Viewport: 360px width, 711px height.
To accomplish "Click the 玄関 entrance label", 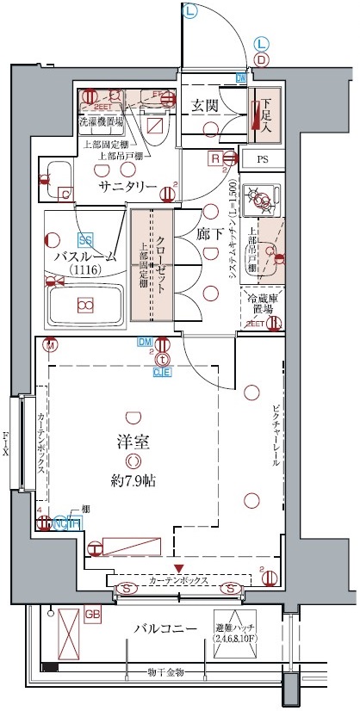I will click(203, 105).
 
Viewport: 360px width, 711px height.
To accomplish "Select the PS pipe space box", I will click(262, 159).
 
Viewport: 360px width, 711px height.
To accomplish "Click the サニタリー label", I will click(127, 187).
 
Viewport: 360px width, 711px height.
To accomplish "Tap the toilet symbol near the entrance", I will click(155, 121).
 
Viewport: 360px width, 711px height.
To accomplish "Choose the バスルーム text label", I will click(85, 257).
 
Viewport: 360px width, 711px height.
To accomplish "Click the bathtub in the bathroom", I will click(84, 304).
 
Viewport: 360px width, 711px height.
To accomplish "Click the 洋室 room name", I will click(133, 443).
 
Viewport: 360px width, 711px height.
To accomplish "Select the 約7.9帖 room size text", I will click(133, 480).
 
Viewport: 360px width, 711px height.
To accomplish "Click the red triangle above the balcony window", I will click(178, 568).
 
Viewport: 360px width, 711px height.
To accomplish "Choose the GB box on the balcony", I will click(94, 614).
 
